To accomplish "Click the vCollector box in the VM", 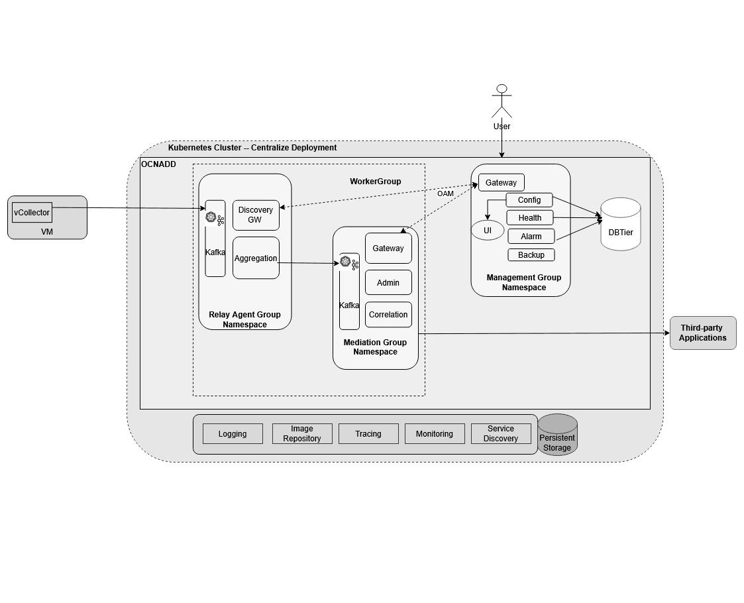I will tap(32, 213).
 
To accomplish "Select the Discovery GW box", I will tap(255, 215).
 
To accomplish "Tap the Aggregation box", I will tap(255, 258).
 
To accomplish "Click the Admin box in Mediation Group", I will tap(388, 282).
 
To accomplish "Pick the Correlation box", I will tap(388, 315).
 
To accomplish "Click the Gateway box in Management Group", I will tap(501, 182).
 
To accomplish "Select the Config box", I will tap(529, 200).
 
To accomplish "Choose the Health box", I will tap(530, 218).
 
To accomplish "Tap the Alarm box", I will tap(531, 237).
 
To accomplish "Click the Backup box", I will tap(531, 255).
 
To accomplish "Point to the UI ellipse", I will tap(488, 231).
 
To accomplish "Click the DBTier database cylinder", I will tap(621, 225).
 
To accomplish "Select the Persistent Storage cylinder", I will tap(557, 435).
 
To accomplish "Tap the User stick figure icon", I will tap(502, 101).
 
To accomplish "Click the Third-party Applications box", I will tap(703, 333).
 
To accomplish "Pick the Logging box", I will tap(233, 434).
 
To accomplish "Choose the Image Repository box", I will tap(302, 434).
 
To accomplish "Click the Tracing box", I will tap(368, 434).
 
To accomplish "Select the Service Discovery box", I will tap(501, 434).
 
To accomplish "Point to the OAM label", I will tap(445, 193).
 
